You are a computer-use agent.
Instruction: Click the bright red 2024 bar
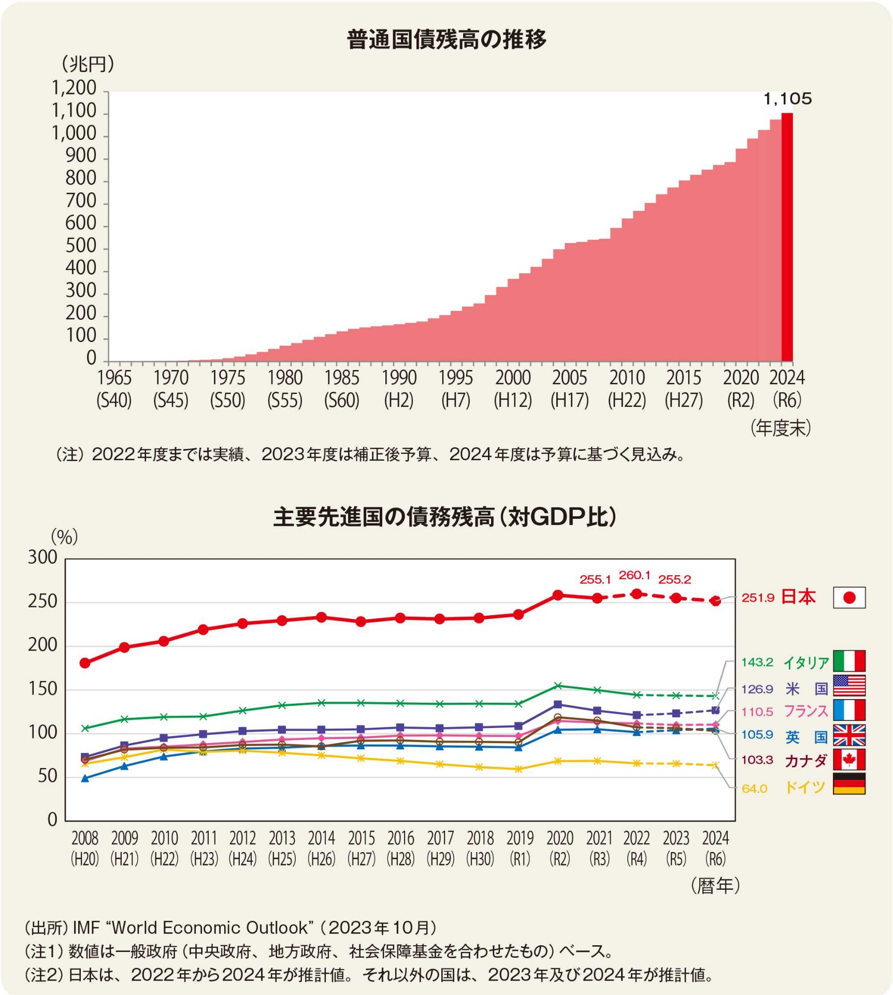click(x=787, y=237)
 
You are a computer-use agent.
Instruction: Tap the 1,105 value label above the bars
click(x=787, y=98)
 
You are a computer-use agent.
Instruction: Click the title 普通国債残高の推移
click(x=446, y=39)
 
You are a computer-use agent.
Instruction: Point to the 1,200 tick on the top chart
click(x=74, y=88)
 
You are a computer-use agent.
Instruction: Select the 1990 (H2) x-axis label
click(x=399, y=388)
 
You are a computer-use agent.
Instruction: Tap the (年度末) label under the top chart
click(x=781, y=428)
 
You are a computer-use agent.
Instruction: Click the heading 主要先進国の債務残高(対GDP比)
click(x=445, y=517)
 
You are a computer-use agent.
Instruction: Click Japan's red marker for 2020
click(x=558, y=595)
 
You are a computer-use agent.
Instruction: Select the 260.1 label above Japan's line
click(x=635, y=575)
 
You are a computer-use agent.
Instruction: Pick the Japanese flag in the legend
click(x=849, y=598)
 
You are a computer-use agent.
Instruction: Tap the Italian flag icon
click(x=849, y=661)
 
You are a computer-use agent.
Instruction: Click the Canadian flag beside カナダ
click(x=849, y=760)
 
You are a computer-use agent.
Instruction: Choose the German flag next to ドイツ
click(x=849, y=784)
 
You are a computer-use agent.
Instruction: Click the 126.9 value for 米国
click(x=757, y=689)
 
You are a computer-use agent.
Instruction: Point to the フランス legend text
click(x=805, y=711)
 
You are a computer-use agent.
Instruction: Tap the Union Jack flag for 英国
click(x=849, y=735)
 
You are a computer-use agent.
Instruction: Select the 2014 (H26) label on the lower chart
click(x=322, y=848)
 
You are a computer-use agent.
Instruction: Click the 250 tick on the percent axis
click(x=42, y=602)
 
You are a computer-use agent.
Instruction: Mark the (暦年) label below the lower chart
click(x=715, y=886)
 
